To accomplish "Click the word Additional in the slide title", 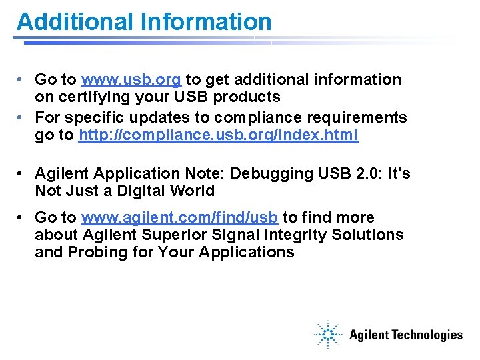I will coord(76,21).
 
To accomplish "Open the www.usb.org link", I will coord(131,80).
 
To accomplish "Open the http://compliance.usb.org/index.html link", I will coord(218,135).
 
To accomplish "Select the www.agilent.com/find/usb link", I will coord(181,217).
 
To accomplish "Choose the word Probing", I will coord(97,252).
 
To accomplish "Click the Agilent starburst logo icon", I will coord(328,335).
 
